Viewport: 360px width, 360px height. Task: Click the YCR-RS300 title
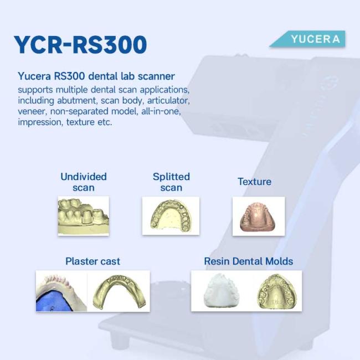80,44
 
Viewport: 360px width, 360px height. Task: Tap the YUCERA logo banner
307,39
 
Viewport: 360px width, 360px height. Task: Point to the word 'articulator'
168,101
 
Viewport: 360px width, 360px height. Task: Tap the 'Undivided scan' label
84,182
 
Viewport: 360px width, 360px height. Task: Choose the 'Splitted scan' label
171,182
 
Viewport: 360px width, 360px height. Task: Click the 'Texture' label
254,182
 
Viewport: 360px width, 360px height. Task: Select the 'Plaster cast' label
92,261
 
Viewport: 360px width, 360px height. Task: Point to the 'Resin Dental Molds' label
249,261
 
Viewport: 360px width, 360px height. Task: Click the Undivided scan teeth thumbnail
84,216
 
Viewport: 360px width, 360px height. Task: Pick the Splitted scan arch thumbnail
171,215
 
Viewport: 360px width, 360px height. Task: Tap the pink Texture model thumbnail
259,216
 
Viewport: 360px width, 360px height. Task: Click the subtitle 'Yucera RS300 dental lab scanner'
96,76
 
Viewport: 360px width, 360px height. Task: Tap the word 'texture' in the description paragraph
80,122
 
